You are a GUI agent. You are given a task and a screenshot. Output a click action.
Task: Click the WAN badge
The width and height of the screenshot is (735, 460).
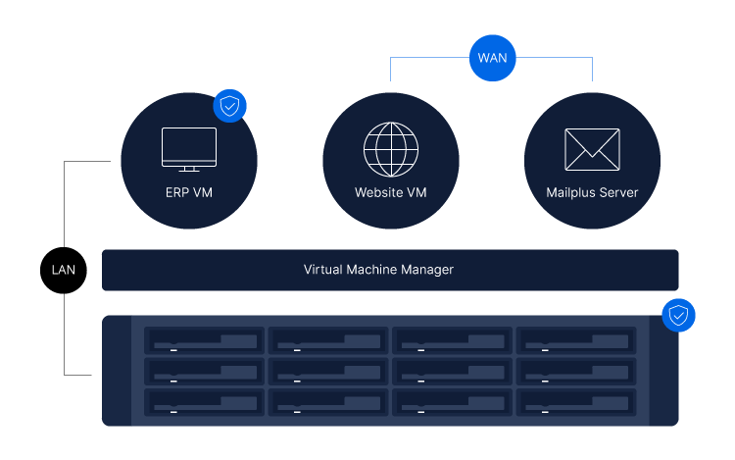(x=492, y=57)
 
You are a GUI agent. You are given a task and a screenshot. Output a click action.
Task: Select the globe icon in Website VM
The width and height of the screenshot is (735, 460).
(x=391, y=149)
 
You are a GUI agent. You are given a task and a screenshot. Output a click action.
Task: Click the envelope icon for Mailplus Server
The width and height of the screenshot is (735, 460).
(x=592, y=149)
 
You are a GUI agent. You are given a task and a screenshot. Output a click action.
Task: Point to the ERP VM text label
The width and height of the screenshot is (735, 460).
(x=189, y=193)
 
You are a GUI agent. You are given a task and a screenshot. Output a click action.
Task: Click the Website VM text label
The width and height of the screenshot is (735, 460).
(x=391, y=193)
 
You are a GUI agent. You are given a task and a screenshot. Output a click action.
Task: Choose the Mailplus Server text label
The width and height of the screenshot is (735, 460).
(x=592, y=193)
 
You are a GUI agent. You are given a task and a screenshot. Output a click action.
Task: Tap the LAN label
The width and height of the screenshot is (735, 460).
(x=64, y=270)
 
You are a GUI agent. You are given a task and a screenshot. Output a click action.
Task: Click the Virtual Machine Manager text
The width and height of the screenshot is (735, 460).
(x=378, y=270)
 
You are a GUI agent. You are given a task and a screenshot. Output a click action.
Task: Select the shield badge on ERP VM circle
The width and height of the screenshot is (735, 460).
(x=230, y=107)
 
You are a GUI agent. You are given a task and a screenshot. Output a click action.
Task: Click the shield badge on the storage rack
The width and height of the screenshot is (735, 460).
(x=678, y=316)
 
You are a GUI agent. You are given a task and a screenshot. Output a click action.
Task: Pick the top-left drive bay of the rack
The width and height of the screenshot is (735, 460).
(x=205, y=340)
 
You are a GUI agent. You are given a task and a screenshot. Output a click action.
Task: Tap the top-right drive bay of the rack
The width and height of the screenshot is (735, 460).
(x=575, y=340)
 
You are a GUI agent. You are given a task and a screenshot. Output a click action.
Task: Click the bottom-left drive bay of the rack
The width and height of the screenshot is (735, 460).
(x=205, y=402)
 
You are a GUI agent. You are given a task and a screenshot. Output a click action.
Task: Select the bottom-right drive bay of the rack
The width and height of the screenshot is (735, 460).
(x=575, y=402)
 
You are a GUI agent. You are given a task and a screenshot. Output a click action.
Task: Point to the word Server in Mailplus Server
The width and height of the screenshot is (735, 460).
(x=616, y=193)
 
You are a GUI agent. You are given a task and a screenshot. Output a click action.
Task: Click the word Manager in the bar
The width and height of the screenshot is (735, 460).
(x=428, y=270)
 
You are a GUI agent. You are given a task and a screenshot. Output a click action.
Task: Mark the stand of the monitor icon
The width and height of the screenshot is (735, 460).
(x=189, y=169)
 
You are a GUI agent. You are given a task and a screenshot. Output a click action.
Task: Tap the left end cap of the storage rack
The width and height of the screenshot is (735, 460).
(x=117, y=371)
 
